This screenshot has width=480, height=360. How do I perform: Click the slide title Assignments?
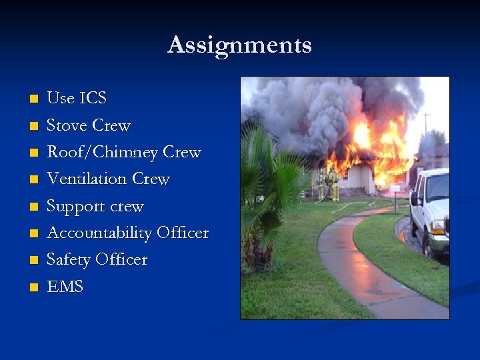[x=239, y=45]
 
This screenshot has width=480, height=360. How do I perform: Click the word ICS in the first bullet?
[x=93, y=99]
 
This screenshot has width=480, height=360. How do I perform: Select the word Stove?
[x=67, y=125]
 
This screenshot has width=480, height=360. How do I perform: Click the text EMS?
[x=65, y=287]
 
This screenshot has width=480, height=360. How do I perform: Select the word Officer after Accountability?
[x=183, y=233]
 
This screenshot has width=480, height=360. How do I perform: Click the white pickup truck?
[x=432, y=210]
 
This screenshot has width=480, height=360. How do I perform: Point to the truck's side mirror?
[x=415, y=199]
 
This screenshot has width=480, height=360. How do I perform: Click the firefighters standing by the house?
[x=328, y=185]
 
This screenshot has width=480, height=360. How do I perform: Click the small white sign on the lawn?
[x=397, y=190]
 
